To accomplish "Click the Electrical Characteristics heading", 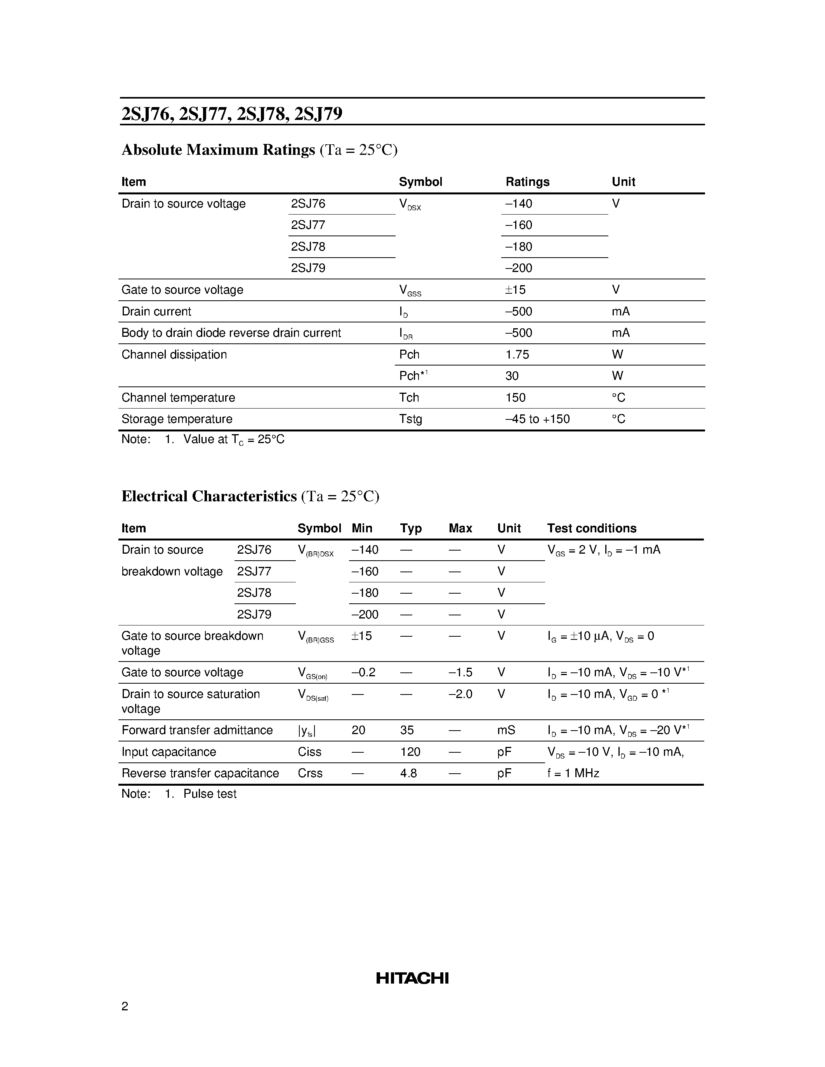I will click(x=209, y=496).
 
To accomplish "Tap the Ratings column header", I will click(x=527, y=182).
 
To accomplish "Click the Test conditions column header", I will click(x=591, y=528).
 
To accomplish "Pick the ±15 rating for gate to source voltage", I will click(x=516, y=290).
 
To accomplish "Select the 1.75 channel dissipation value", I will click(x=517, y=355).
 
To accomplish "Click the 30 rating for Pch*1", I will click(x=512, y=376).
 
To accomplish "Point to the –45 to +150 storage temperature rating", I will click(x=537, y=419).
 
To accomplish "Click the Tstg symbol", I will click(x=410, y=419).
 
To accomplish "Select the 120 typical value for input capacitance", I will click(x=410, y=752).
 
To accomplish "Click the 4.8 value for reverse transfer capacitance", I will click(x=408, y=773).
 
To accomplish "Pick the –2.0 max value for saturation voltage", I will click(x=460, y=694).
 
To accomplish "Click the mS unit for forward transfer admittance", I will click(x=506, y=730).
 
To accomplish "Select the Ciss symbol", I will click(x=309, y=752).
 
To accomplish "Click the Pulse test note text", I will click(x=210, y=794).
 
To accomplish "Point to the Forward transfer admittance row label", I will click(x=197, y=730).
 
